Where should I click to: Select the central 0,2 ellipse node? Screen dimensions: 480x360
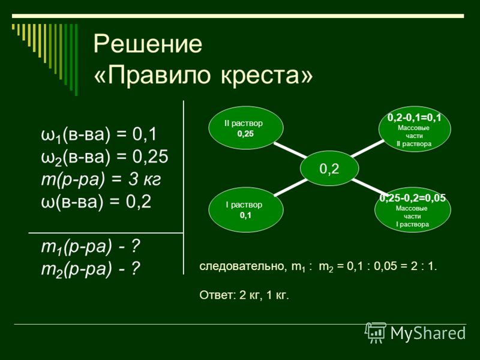(x=329, y=169)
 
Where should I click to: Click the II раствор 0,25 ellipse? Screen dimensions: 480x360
(x=246, y=128)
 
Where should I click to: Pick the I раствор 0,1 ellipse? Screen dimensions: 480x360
(x=246, y=209)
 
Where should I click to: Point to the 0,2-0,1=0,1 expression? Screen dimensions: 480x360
(x=414, y=118)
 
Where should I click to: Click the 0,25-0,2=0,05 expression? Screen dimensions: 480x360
(x=413, y=198)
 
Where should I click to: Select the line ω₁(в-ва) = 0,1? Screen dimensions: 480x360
(x=99, y=134)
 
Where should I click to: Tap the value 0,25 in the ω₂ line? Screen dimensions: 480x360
(x=151, y=156)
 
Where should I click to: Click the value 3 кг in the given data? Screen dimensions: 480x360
(x=145, y=179)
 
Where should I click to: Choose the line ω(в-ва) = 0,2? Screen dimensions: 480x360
(x=96, y=202)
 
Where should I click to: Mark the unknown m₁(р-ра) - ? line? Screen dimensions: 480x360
(x=91, y=247)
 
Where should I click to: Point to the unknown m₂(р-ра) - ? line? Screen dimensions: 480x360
(x=91, y=269)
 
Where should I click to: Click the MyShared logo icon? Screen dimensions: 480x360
(x=376, y=333)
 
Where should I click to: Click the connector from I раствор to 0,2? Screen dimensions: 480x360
(x=291, y=187)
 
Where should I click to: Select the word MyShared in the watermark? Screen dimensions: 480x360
(x=428, y=333)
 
